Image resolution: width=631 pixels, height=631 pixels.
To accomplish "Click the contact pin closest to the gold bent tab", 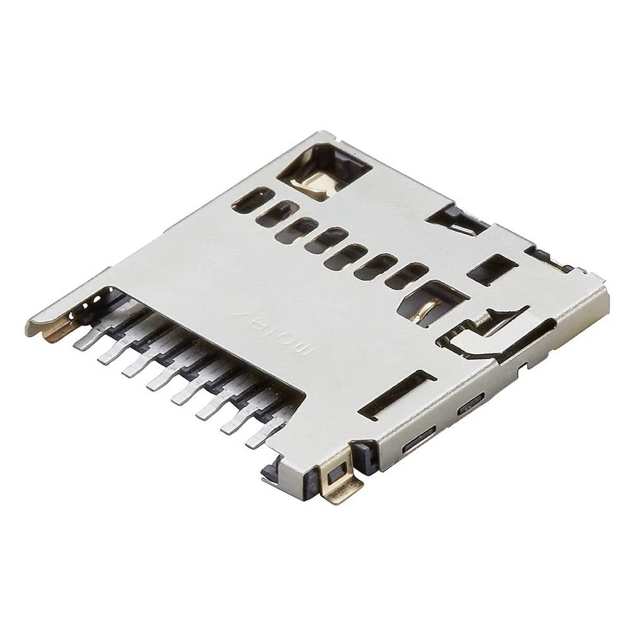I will (x=86, y=341).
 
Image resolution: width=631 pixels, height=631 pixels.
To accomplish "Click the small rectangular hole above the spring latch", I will (x=492, y=269).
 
